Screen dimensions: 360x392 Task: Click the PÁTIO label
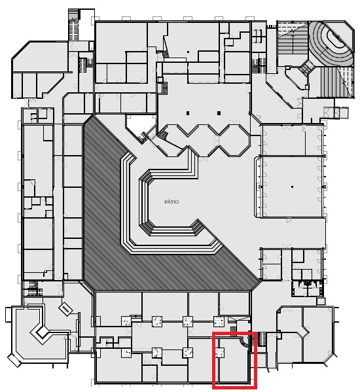(171, 202)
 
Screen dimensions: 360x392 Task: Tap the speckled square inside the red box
(220, 353)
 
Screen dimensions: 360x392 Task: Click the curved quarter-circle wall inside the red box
(244, 342)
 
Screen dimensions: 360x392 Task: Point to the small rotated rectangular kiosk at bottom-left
(65, 310)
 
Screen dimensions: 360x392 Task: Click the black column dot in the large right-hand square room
(292, 187)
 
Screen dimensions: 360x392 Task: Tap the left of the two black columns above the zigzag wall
(188, 113)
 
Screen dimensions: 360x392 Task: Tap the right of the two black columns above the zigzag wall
(219, 113)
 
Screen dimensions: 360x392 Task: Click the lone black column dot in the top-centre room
(188, 52)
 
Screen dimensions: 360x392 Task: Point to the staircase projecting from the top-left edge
(74, 25)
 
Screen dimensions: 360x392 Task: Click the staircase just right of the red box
(261, 339)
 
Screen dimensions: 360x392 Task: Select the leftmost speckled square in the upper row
(126, 321)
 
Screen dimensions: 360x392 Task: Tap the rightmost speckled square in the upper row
(219, 321)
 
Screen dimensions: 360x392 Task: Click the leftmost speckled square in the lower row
(126, 353)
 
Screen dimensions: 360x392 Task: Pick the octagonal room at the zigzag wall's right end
(234, 141)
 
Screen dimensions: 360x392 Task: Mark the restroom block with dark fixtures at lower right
(307, 288)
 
